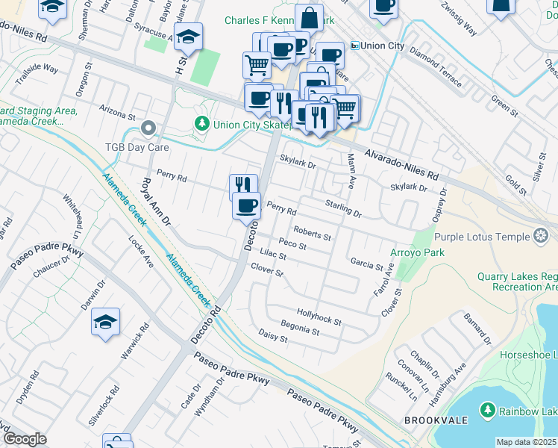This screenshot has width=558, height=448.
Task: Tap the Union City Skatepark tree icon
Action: (201, 124)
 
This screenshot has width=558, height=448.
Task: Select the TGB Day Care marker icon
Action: (148, 128)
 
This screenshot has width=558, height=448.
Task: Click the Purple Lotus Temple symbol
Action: (541, 237)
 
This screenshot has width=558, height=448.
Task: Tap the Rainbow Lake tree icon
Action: (487, 410)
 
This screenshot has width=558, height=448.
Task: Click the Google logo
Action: (24, 439)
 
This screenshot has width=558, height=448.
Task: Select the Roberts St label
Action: (312, 233)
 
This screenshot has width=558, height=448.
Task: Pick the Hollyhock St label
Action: (319, 317)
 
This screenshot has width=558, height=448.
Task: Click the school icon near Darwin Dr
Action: (105, 322)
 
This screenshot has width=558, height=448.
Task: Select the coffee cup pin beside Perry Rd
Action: (246, 205)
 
